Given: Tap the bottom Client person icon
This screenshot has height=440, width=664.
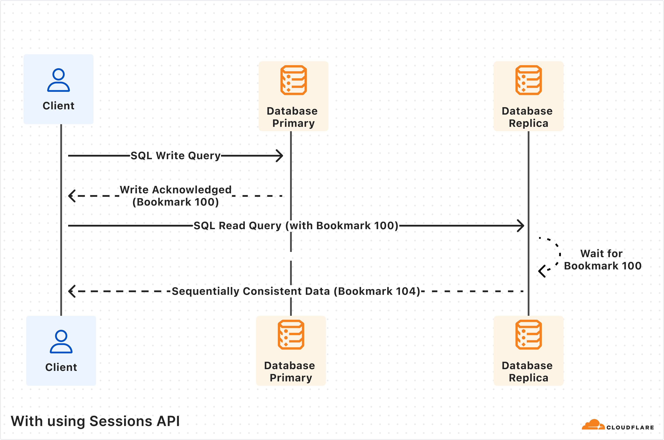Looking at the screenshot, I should point(61,342).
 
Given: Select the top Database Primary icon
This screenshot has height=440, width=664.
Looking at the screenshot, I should point(294,80).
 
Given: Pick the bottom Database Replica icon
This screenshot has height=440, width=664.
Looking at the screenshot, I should point(528,335).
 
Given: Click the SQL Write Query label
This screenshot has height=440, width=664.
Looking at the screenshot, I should point(175,155).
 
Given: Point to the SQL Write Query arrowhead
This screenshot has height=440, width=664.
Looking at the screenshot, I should point(280,156).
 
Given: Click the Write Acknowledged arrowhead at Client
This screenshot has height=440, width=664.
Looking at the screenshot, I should point(72,196).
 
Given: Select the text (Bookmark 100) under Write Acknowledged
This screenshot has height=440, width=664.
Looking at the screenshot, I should point(175,202).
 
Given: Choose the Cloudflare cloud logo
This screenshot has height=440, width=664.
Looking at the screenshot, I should point(593,425).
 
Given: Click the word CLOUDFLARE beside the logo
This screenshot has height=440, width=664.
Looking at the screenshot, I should point(630,427).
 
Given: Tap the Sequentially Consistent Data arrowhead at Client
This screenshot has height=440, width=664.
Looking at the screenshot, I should point(72,291).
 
